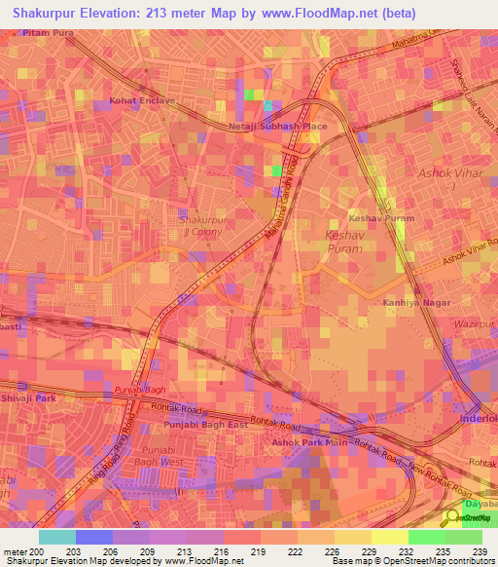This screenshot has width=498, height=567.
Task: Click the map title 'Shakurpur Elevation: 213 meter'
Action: coord(125,13)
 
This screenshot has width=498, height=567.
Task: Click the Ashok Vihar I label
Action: coord(444,178)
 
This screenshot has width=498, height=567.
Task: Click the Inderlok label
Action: coord(478,420)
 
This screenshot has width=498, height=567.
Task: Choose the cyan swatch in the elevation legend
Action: coord(57,537)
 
